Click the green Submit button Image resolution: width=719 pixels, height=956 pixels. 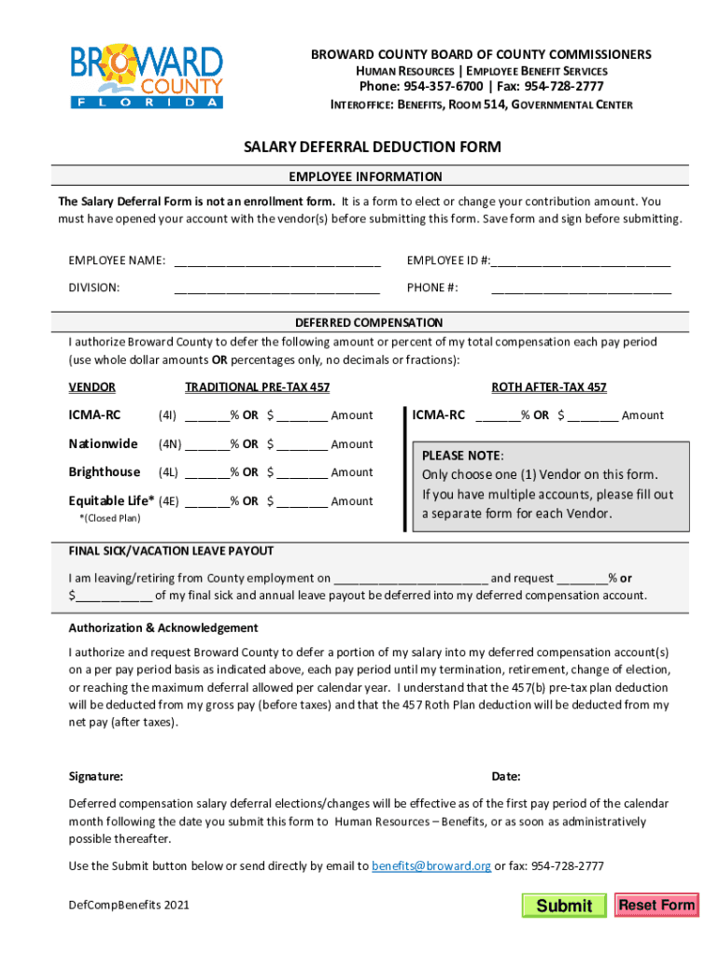tap(564, 905)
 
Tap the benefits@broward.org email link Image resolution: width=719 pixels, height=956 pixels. tap(430, 865)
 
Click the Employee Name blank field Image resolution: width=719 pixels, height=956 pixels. tap(276, 260)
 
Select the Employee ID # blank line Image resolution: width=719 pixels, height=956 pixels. tap(581, 260)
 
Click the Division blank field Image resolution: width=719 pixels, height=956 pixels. tap(276, 288)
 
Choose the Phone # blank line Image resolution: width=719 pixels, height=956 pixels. tap(581, 288)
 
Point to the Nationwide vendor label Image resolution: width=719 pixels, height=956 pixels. tap(103, 443)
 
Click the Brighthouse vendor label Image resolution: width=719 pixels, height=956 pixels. tap(104, 471)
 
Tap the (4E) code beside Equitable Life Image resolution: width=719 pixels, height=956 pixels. tap(168, 500)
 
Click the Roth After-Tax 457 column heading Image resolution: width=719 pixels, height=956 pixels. tap(549, 387)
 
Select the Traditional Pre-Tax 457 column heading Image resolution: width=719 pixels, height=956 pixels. tap(257, 387)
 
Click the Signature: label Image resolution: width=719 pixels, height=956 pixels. tap(95, 777)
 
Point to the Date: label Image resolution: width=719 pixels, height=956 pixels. tap(506, 777)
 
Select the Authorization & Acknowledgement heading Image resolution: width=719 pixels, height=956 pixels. tap(162, 627)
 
